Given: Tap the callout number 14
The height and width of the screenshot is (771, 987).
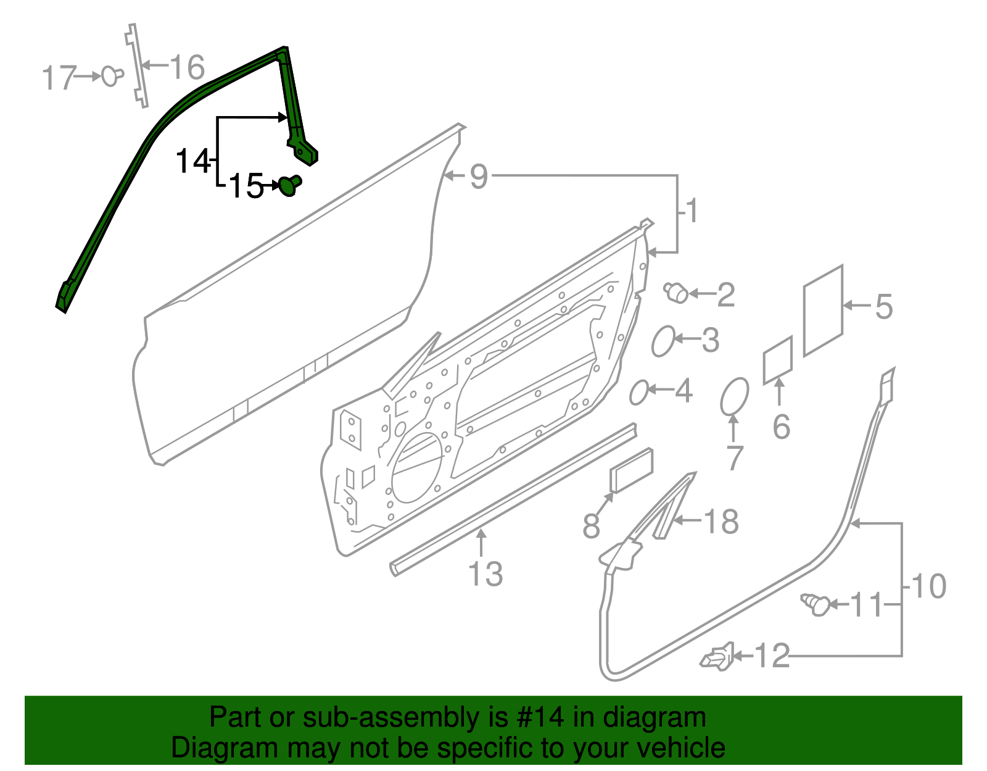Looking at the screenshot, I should (x=193, y=162).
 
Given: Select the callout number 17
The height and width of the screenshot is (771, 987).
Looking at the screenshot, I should (x=59, y=78).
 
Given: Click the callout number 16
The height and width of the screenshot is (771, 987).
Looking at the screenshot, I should (x=187, y=67).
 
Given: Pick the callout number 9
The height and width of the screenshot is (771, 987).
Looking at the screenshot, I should (x=479, y=177).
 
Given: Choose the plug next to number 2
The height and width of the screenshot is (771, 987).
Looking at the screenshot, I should (x=677, y=293).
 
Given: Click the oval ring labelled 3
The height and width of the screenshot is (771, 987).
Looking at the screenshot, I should (x=664, y=341).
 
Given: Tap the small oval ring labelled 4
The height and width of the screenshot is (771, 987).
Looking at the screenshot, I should (x=639, y=393).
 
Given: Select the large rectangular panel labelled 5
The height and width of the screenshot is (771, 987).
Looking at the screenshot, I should (x=823, y=310).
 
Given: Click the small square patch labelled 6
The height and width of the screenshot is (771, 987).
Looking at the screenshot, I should (x=778, y=360).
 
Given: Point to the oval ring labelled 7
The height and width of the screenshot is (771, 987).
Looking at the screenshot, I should (x=734, y=396).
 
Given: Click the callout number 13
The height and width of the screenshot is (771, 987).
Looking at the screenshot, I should (x=486, y=574).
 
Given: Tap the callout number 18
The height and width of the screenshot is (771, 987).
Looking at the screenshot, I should (x=721, y=522).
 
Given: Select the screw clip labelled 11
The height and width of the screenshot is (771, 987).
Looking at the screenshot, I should (x=817, y=604).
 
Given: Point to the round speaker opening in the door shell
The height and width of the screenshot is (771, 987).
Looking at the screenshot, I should (x=417, y=467).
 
